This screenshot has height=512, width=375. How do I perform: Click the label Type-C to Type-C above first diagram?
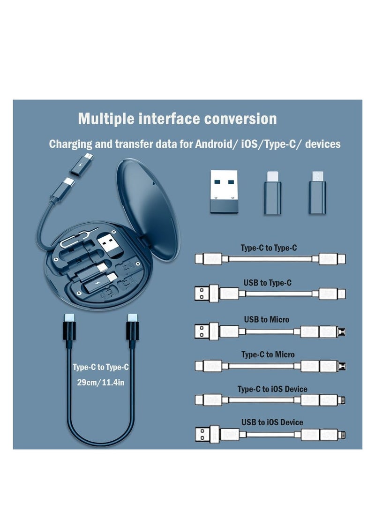pos(269,248)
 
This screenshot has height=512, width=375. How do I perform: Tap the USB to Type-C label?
pos(267,283)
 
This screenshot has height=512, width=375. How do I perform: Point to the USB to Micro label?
pos(266,319)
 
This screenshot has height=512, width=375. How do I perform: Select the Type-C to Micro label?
pos(268,354)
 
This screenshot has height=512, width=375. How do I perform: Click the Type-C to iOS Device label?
pos(272,389)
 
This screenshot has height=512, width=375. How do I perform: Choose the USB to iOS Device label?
pos(272,422)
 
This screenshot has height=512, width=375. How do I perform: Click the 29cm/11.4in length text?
pos(100,383)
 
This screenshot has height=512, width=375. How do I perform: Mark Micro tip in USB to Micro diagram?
pos(345,331)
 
